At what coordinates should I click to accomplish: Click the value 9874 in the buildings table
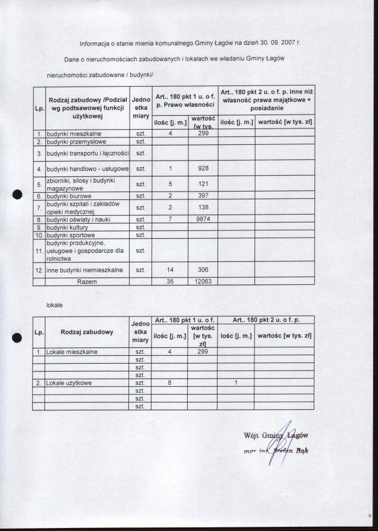tap(204, 219)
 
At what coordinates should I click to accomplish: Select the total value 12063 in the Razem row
tap(204, 282)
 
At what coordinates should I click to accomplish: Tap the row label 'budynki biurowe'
tap(69, 196)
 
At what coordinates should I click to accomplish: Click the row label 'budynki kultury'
tap(67, 227)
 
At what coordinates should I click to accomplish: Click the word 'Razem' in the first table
tap(87, 282)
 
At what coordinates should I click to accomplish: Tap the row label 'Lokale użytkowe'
tap(69, 383)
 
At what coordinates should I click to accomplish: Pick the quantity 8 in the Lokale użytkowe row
tap(170, 383)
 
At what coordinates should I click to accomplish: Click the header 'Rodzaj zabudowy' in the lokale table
tap(87, 332)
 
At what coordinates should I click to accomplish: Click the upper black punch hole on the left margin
tap(18, 195)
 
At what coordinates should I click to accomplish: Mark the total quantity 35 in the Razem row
tap(170, 282)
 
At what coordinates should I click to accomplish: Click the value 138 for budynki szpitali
tap(204, 207)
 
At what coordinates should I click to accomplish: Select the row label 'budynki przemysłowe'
tap(71, 141)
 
